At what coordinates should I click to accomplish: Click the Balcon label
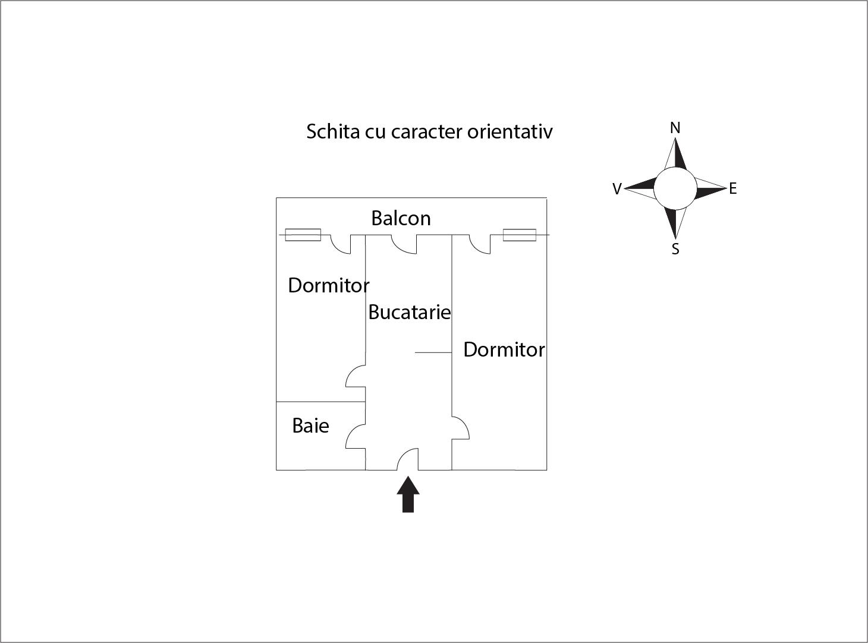401,218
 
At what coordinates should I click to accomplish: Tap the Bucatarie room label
409,312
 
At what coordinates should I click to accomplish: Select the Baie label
310,425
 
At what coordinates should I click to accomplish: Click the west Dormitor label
328,286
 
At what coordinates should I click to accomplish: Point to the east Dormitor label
504,349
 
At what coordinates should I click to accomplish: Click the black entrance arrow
408,494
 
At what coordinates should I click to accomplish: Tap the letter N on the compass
675,128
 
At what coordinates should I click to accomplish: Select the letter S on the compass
675,250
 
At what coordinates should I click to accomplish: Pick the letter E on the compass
732,189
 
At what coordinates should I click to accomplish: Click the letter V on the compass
617,189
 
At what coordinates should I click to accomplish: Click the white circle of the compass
675,188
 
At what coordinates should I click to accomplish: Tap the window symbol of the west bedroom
303,235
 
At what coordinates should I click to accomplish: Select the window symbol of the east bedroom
519,235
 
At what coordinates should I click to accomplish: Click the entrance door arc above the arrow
408,458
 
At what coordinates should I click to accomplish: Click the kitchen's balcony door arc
403,244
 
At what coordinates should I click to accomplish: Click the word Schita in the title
333,131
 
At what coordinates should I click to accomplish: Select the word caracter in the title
426,131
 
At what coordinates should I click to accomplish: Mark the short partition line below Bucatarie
433,352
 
